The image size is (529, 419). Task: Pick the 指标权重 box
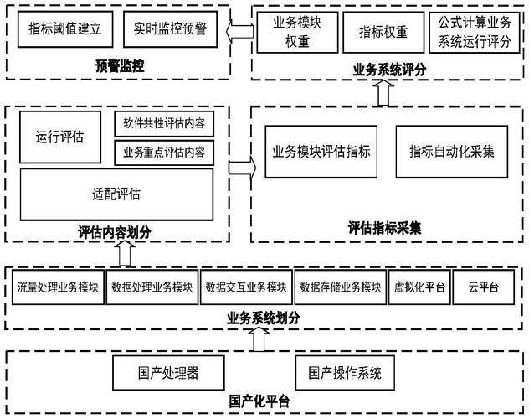(383, 32)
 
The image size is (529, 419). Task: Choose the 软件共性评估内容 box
(163, 125)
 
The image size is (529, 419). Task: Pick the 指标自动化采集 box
(451, 152)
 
